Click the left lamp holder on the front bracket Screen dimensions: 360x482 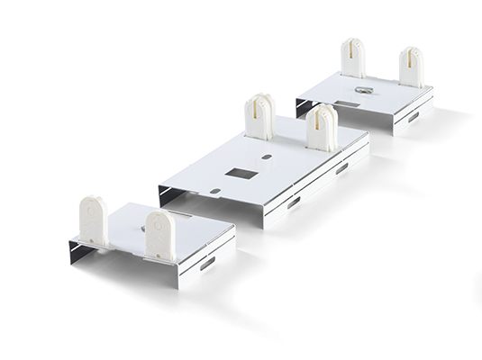tap(94, 220)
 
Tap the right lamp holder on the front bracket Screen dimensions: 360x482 tap(159, 235)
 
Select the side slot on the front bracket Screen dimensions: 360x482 tap(207, 264)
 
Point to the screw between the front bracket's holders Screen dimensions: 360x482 tap(142, 228)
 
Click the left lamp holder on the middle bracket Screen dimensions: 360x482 tap(259, 117)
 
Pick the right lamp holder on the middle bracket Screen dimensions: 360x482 tap(321, 128)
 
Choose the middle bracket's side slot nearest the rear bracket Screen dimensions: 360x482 tap(342, 168)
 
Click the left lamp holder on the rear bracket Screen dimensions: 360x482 tap(352, 59)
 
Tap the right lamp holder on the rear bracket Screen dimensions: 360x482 tap(411, 67)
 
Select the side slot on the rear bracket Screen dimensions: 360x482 tap(413, 117)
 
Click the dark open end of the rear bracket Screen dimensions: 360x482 tap(304, 109)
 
